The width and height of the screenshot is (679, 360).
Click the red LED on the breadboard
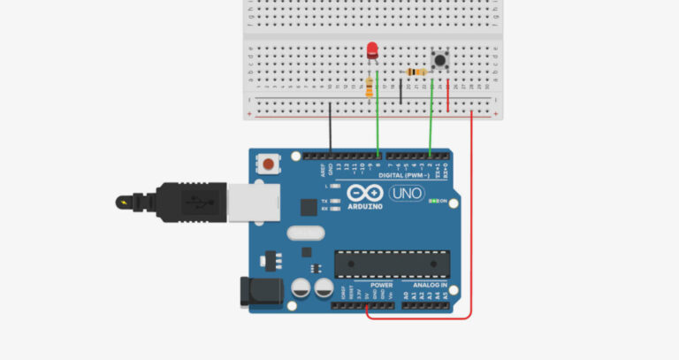(x=372, y=50)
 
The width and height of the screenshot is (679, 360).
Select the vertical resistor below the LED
(x=369, y=87)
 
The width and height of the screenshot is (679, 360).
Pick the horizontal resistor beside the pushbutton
(x=414, y=73)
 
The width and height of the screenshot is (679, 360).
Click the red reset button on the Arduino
(x=267, y=164)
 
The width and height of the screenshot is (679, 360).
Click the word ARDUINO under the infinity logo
(x=365, y=206)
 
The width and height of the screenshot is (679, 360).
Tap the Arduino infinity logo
(x=365, y=193)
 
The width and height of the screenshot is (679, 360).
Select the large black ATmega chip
(x=392, y=264)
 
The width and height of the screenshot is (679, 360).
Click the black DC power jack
(x=259, y=293)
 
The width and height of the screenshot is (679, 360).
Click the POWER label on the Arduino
(x=382, y=286)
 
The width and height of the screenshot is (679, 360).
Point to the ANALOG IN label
(x=431, y=286)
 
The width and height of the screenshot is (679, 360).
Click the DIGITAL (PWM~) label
(x=408, y=175)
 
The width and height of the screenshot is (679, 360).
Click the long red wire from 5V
(x=471, y=221)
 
